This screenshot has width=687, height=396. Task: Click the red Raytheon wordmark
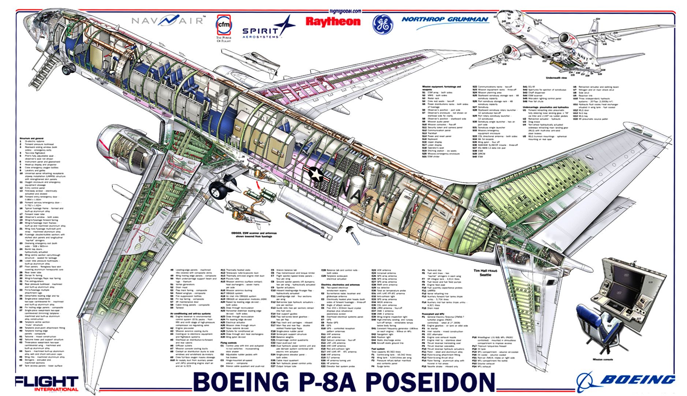point(333,22)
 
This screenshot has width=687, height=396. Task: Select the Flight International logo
point(47,383)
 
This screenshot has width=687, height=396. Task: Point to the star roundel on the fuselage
point(314,173)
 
